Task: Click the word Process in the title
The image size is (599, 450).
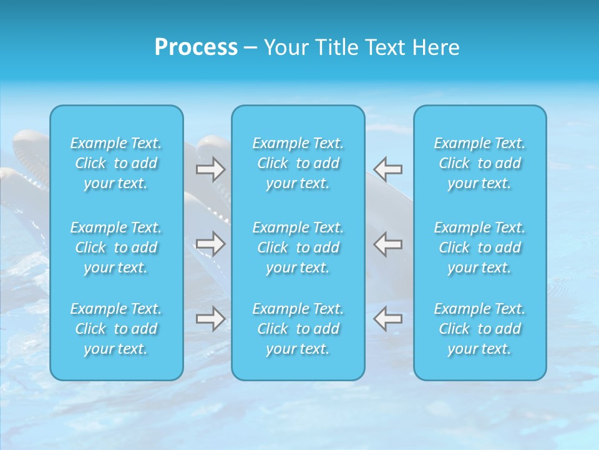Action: click(196, 47)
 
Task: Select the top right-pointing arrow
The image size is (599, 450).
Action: click(211, 169)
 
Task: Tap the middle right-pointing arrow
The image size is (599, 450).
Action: click(211, 243)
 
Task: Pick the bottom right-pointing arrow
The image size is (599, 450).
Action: click(211, 319)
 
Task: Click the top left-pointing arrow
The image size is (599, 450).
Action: click(387, 169)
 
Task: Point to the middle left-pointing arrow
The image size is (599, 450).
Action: click(387, 243)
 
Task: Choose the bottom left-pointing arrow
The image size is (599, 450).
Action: click(387, 319)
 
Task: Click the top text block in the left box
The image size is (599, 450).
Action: click(116, 163)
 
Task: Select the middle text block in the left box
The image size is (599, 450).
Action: click(116, 247)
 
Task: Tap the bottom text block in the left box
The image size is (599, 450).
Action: click(116, 329)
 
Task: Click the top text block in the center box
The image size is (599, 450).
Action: click(298, 163)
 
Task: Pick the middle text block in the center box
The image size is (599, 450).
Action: click(298, 247)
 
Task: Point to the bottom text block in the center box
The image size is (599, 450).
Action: click(298, 329)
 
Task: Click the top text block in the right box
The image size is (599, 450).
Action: click(480, 163)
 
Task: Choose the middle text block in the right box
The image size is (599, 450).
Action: click(480, 247)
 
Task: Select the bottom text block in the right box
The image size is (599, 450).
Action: click(480, 329)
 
